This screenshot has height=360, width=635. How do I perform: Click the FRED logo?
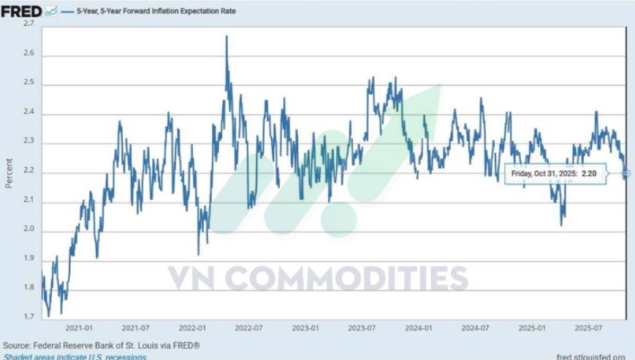[x=21, y=12]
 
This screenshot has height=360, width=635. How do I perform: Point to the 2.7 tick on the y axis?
[x=30, y=24]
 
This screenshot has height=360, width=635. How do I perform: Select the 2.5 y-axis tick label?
[x=30, y=84]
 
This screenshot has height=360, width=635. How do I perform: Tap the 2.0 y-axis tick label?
[x=30, y=231]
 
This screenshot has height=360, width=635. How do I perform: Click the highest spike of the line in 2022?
[x=227, y=37]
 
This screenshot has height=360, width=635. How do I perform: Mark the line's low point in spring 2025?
[x=561, y=224]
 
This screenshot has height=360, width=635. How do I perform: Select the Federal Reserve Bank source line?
[x=101, y=345]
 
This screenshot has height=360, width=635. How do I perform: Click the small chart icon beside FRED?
[x=50, y=12]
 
